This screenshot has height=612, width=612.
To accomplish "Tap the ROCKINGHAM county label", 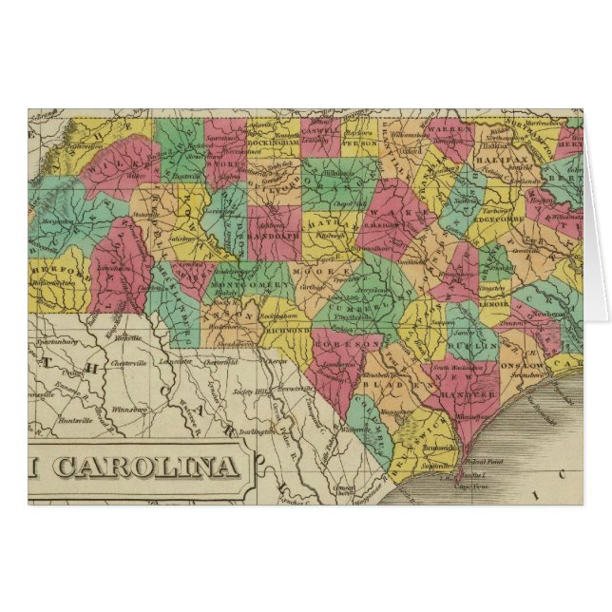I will click(274, 144).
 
